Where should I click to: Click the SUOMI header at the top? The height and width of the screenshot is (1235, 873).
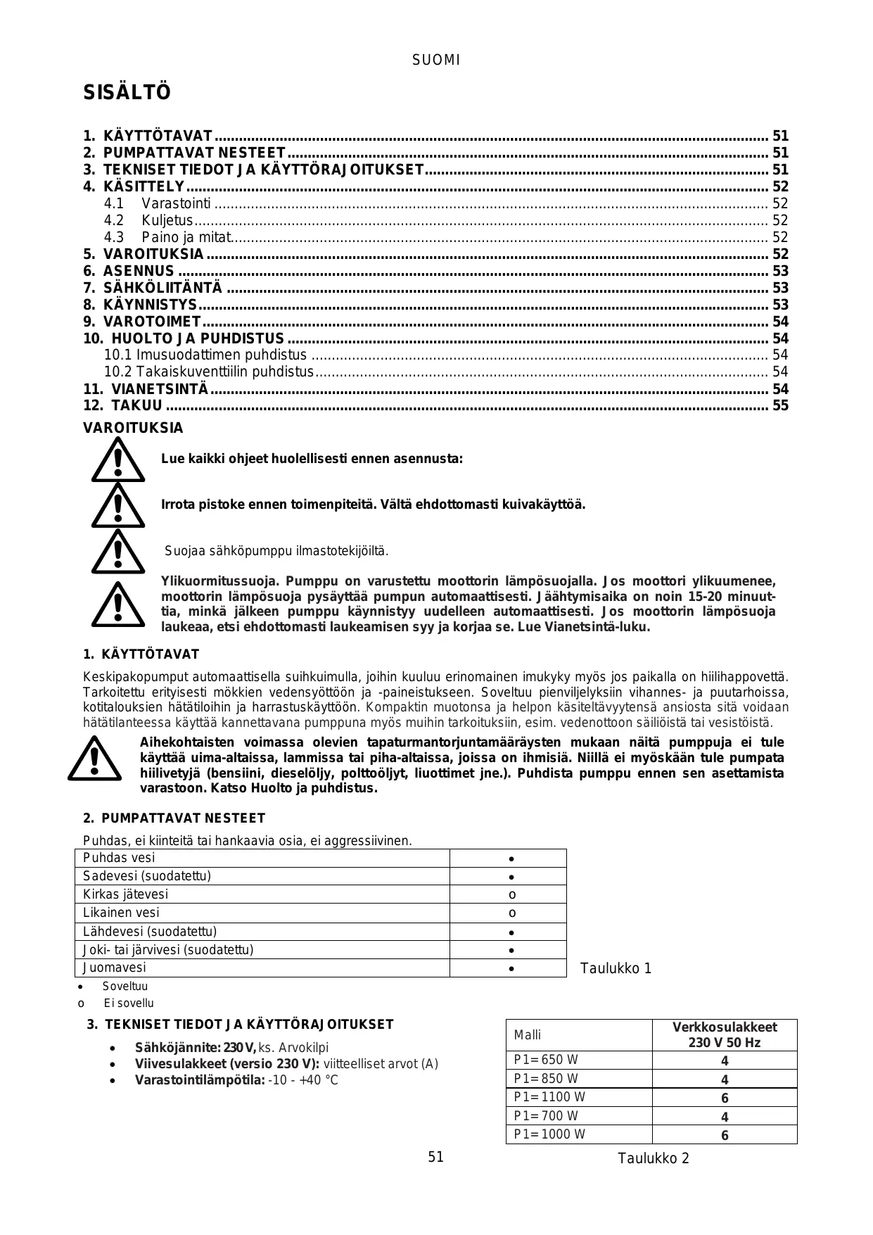pos(436,61)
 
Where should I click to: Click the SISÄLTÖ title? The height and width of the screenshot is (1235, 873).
pos(127,93)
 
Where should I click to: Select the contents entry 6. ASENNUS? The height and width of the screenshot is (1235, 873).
pos(139,271)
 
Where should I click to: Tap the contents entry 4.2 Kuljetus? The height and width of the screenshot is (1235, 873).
pos(167,220)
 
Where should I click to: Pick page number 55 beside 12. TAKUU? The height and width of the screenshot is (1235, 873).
pos(780,405)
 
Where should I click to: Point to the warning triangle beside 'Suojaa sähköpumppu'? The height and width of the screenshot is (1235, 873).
pos(117,552)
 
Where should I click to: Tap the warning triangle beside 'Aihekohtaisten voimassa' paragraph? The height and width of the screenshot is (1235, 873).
pos(94,759)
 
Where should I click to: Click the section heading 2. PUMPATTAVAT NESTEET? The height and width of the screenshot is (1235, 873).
pos(174,818)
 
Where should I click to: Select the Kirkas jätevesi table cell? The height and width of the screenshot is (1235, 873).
pos(126,894)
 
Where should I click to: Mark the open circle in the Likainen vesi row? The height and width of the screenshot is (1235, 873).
pos(512,913)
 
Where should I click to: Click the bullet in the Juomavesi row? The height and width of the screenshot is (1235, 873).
pos(512,969)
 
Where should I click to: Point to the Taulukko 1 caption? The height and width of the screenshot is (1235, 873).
pos(616,968)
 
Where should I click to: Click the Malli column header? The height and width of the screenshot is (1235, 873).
pos(528,1035)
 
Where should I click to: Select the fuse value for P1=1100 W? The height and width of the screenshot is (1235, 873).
pos(725,1098)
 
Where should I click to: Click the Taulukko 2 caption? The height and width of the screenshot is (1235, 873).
pos(654,1158)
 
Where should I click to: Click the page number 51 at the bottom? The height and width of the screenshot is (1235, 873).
pos(436,1157)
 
